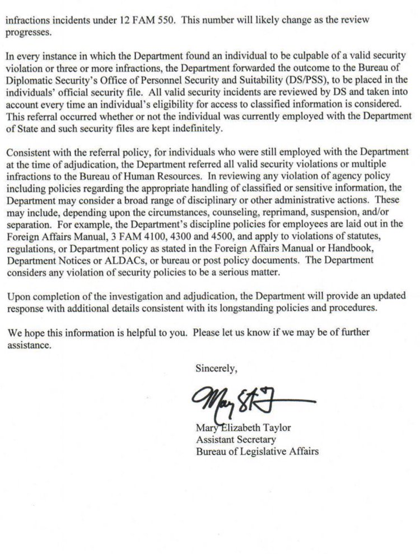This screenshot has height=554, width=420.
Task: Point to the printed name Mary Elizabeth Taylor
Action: tap(243, 429)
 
